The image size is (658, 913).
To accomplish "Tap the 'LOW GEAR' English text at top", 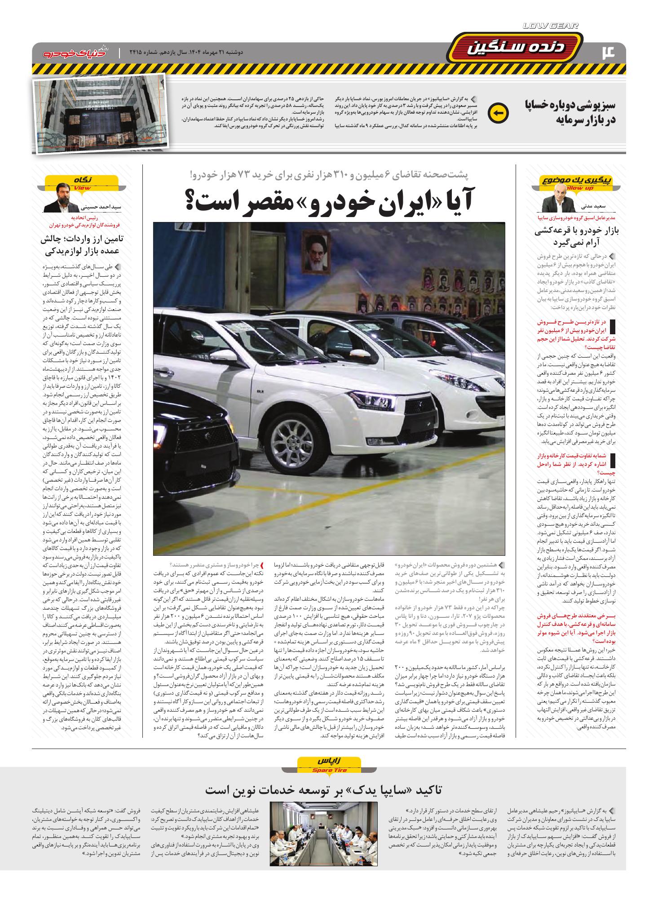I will coord(550,26).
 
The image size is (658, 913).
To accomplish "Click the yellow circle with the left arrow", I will coord(498,113).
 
